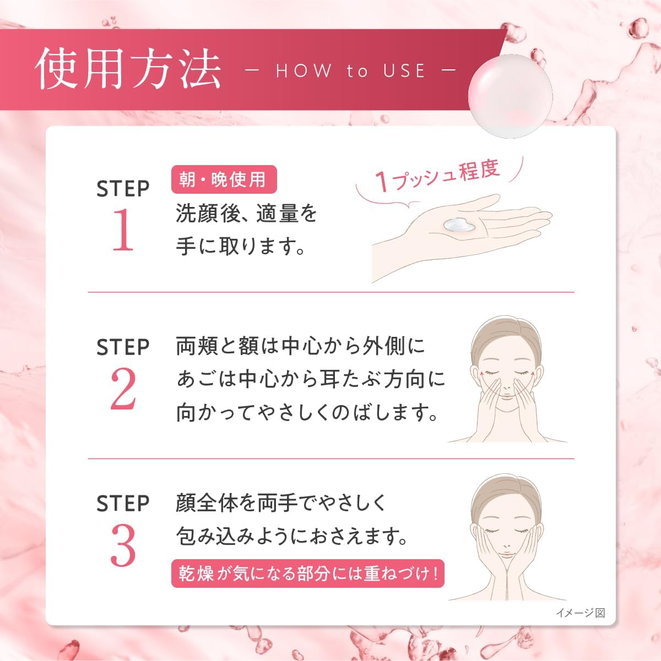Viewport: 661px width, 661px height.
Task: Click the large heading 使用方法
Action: pyautogui.click(x=128, y=70)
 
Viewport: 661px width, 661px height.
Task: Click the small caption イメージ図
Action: pyautogui.click(x=580, y=613)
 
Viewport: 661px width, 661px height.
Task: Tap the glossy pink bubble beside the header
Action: pyautogui.click(x=510, y=95)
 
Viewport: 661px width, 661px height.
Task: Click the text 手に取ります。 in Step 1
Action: pyautogui.click(x=241, y=246)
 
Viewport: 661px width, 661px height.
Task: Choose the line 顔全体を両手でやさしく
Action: pyautogui.click(x=281, y=502)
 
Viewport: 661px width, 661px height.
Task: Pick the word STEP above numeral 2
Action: pyautogui.click(x=123, y=347)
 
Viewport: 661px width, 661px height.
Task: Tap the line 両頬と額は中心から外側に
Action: pyautogui.click(x=301, y=346)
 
